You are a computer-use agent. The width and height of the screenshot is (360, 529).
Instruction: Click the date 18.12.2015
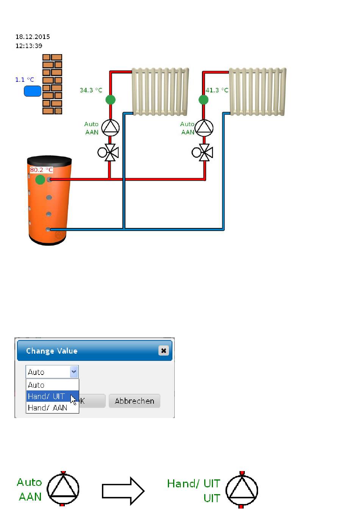pyautogui.click(x=33, y=37)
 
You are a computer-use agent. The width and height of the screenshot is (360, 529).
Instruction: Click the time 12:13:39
pyautogui.click(x=29, y=46)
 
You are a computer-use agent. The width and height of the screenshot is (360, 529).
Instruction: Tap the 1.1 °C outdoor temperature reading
pyautogui.click(x=25, y=80)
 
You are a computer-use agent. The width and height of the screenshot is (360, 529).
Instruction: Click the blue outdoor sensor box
pyautogui.click(x=33, y=91)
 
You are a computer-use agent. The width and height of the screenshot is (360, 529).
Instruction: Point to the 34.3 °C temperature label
pyautogui.click(x=91, y=90)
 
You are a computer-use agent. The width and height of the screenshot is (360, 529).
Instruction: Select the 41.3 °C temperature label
pyautogui.click(x=217, y=90)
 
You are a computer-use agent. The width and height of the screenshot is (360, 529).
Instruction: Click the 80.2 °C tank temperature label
pyautogui.click(x=41, y=170)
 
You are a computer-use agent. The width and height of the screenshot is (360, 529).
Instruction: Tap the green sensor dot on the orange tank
pyautogui.click(x=40, y=179)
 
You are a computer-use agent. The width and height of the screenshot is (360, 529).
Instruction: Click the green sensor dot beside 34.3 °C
pyautogui.click(x=110, y=100)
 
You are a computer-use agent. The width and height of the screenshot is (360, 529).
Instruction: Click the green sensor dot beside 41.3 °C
pyautogui.click(x=203, y=100)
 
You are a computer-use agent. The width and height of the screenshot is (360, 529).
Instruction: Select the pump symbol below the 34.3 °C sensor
pyautogui.click(x=110, y=128)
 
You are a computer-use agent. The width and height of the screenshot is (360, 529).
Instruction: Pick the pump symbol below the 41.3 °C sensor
pyautogui.click(x=204, y=128)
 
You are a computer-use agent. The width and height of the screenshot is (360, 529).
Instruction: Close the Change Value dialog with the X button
pyautogui.click(x=163, y=351)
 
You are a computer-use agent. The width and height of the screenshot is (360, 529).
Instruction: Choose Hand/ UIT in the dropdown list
pyautogui.click(x=47, y=396)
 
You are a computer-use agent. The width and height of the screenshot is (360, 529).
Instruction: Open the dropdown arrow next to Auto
pyautogui.click(x=74, y=372)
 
